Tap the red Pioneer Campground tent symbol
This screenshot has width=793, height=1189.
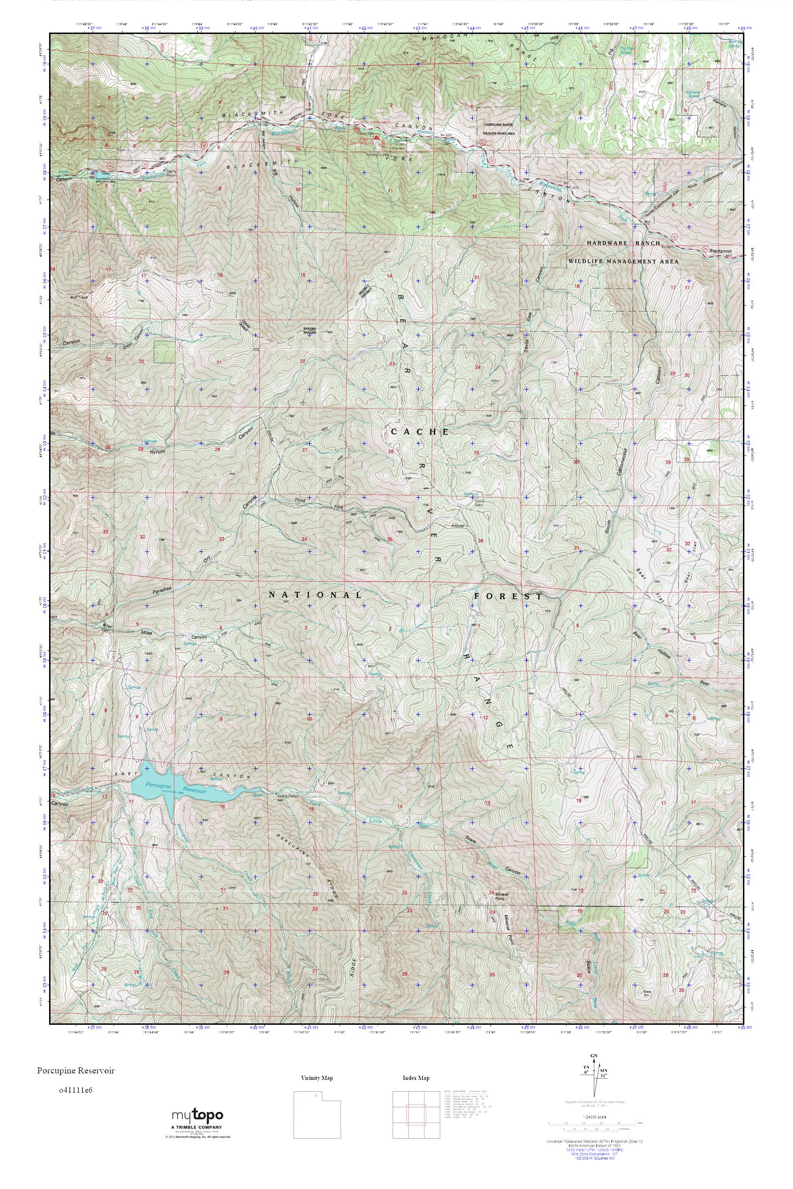[x=375, y=137]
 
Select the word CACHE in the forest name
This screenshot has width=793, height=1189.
[x=420, y=432]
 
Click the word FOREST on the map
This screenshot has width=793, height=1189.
[x=508, y=596]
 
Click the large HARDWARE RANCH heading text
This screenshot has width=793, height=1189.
[x=623, y=243]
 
